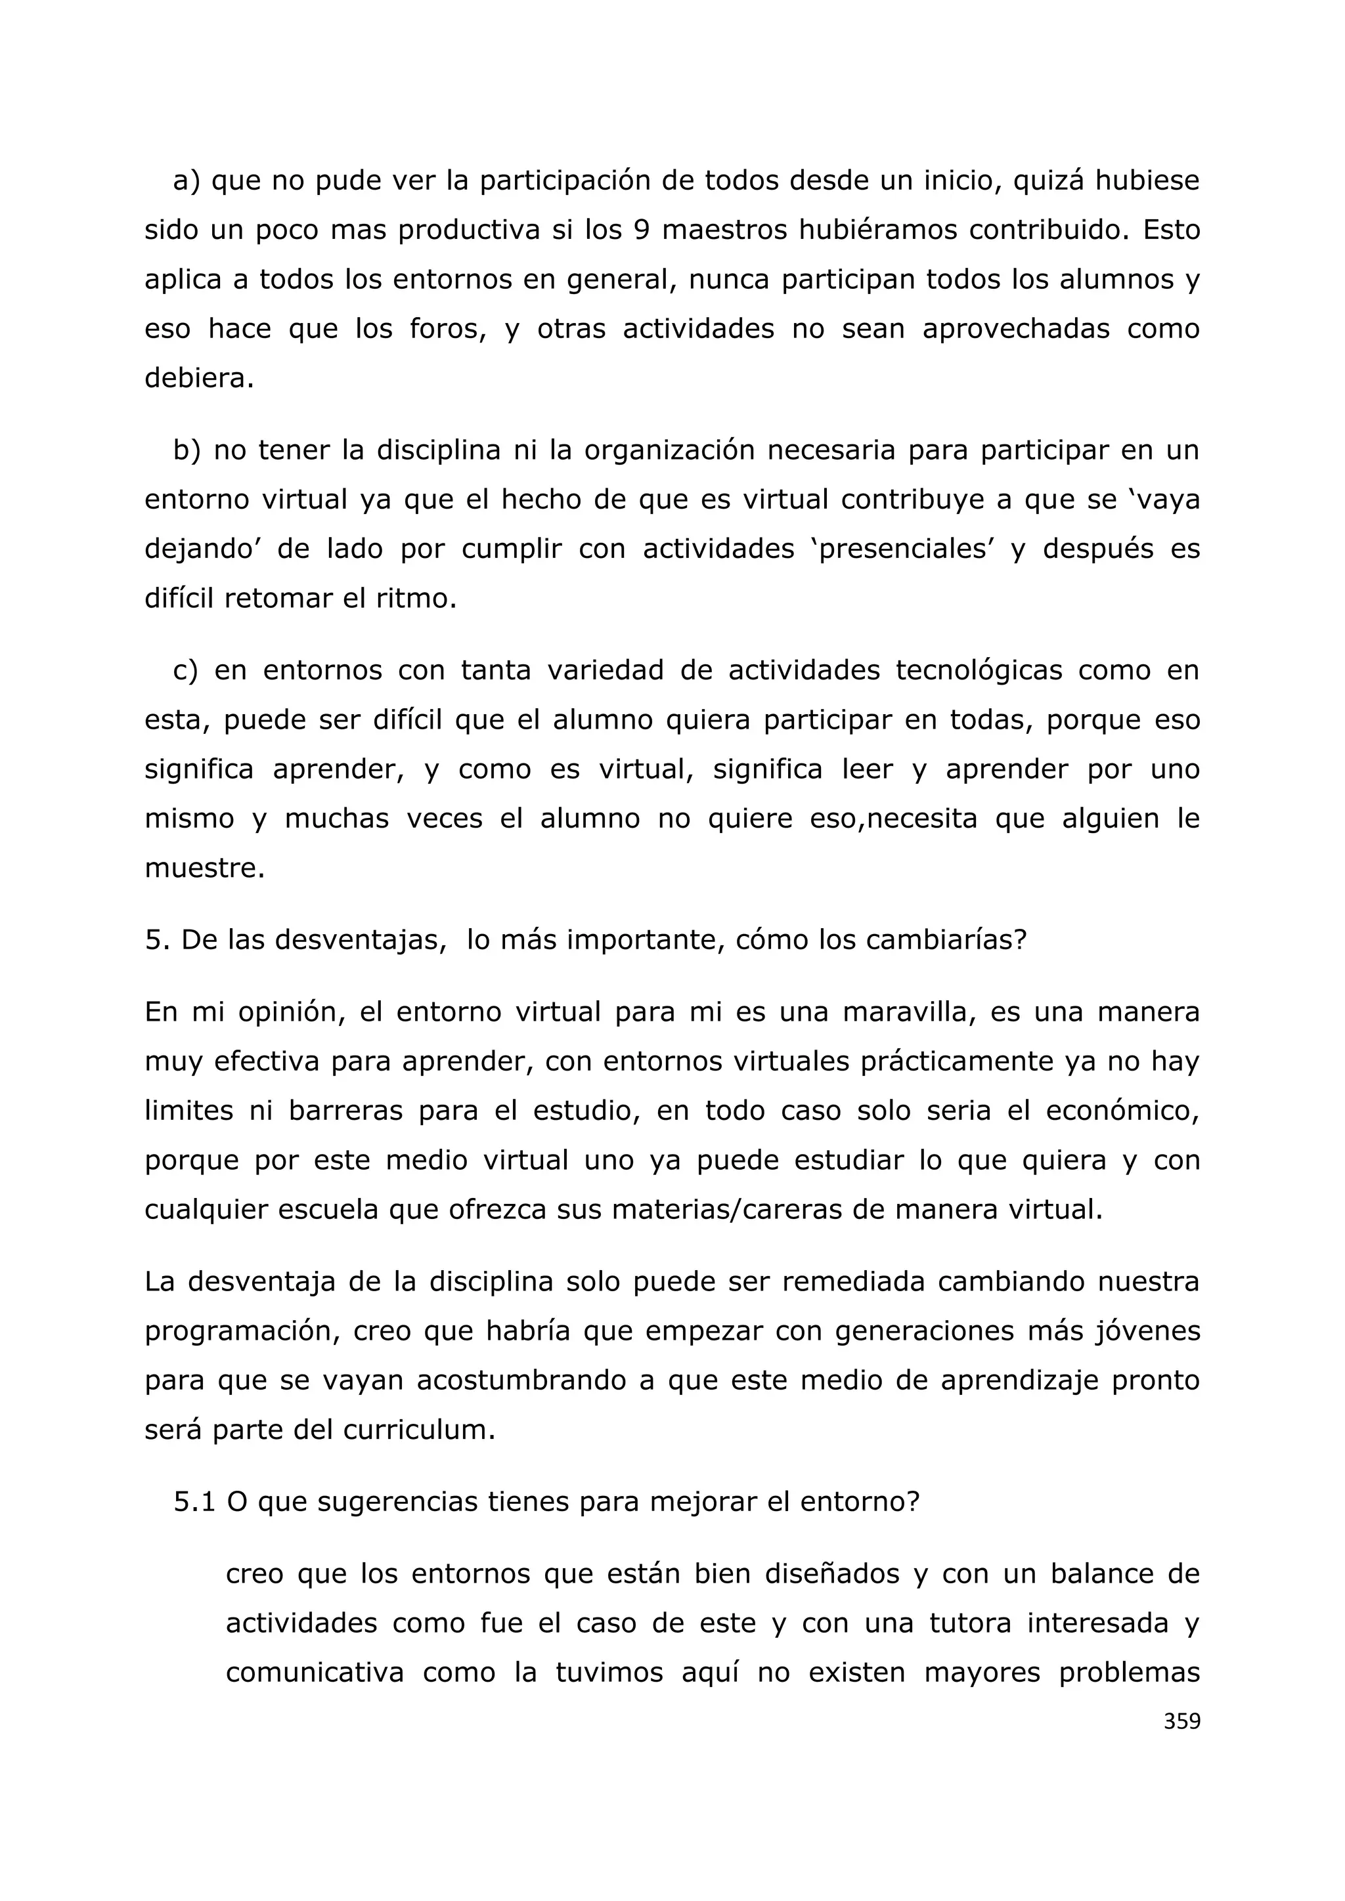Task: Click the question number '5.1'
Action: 194,1502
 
